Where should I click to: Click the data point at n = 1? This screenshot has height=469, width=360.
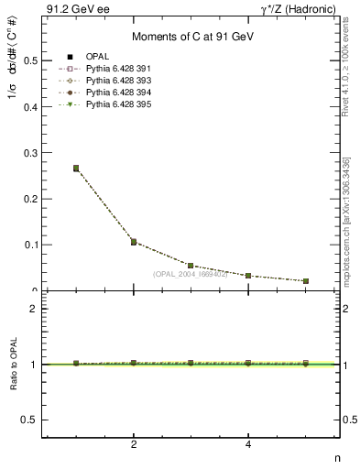point(76,169)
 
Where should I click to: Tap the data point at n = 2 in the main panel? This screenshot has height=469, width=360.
point(134,242)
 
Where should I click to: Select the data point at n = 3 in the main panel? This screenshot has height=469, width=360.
point(191,266)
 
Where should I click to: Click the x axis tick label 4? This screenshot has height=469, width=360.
point(248,445)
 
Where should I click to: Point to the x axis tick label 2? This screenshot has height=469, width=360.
point(134,445)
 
